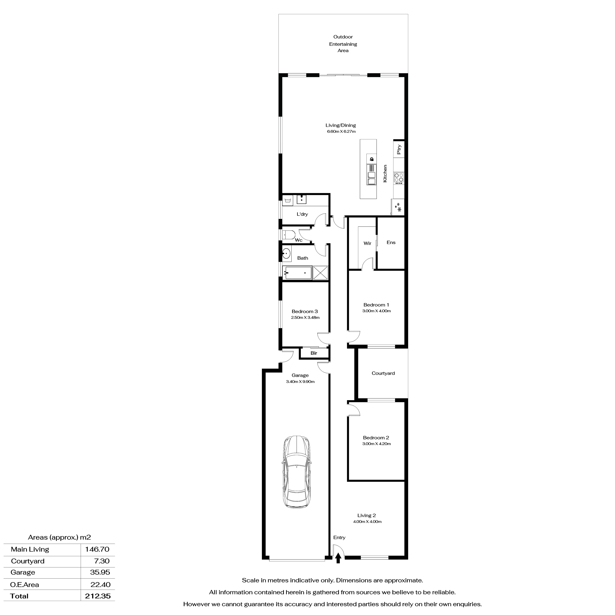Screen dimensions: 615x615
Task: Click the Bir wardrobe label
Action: [x=314, y=353]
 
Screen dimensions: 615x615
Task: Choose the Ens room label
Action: [x=391, y=243]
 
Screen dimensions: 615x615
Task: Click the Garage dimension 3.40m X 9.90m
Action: [x=300, y=382]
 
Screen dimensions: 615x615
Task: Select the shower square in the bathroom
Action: [x=320, y=273]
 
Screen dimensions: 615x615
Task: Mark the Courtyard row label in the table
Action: [x=28, y=561]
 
